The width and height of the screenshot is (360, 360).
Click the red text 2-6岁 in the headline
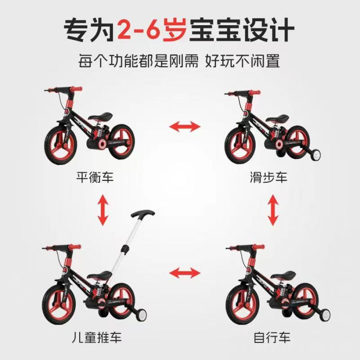point(152,30)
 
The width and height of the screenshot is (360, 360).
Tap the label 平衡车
point(95,177)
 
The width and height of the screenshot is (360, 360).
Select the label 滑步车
point(268,177)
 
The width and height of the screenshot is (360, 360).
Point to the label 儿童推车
point(96,337)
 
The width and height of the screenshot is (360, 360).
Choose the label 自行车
point(272,337)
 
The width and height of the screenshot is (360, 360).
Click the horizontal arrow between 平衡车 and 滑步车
point(185,126)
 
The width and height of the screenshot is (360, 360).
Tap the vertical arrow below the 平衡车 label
point(103,210)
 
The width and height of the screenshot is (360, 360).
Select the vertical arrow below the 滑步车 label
point(273,210)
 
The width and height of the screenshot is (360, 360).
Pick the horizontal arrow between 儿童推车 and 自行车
point(185,273)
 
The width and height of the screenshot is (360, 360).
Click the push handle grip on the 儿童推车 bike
point(142,213)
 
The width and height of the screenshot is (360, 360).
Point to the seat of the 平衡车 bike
point(100,116)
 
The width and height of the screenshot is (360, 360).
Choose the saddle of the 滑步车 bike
point(277,118)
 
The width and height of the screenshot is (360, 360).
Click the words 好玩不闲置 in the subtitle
point(242,61)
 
